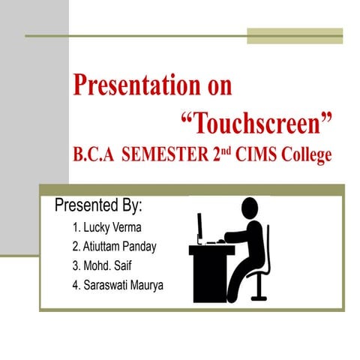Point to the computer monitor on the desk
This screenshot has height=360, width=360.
(199, 226)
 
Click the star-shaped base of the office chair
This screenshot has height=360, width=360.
(259, 295)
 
